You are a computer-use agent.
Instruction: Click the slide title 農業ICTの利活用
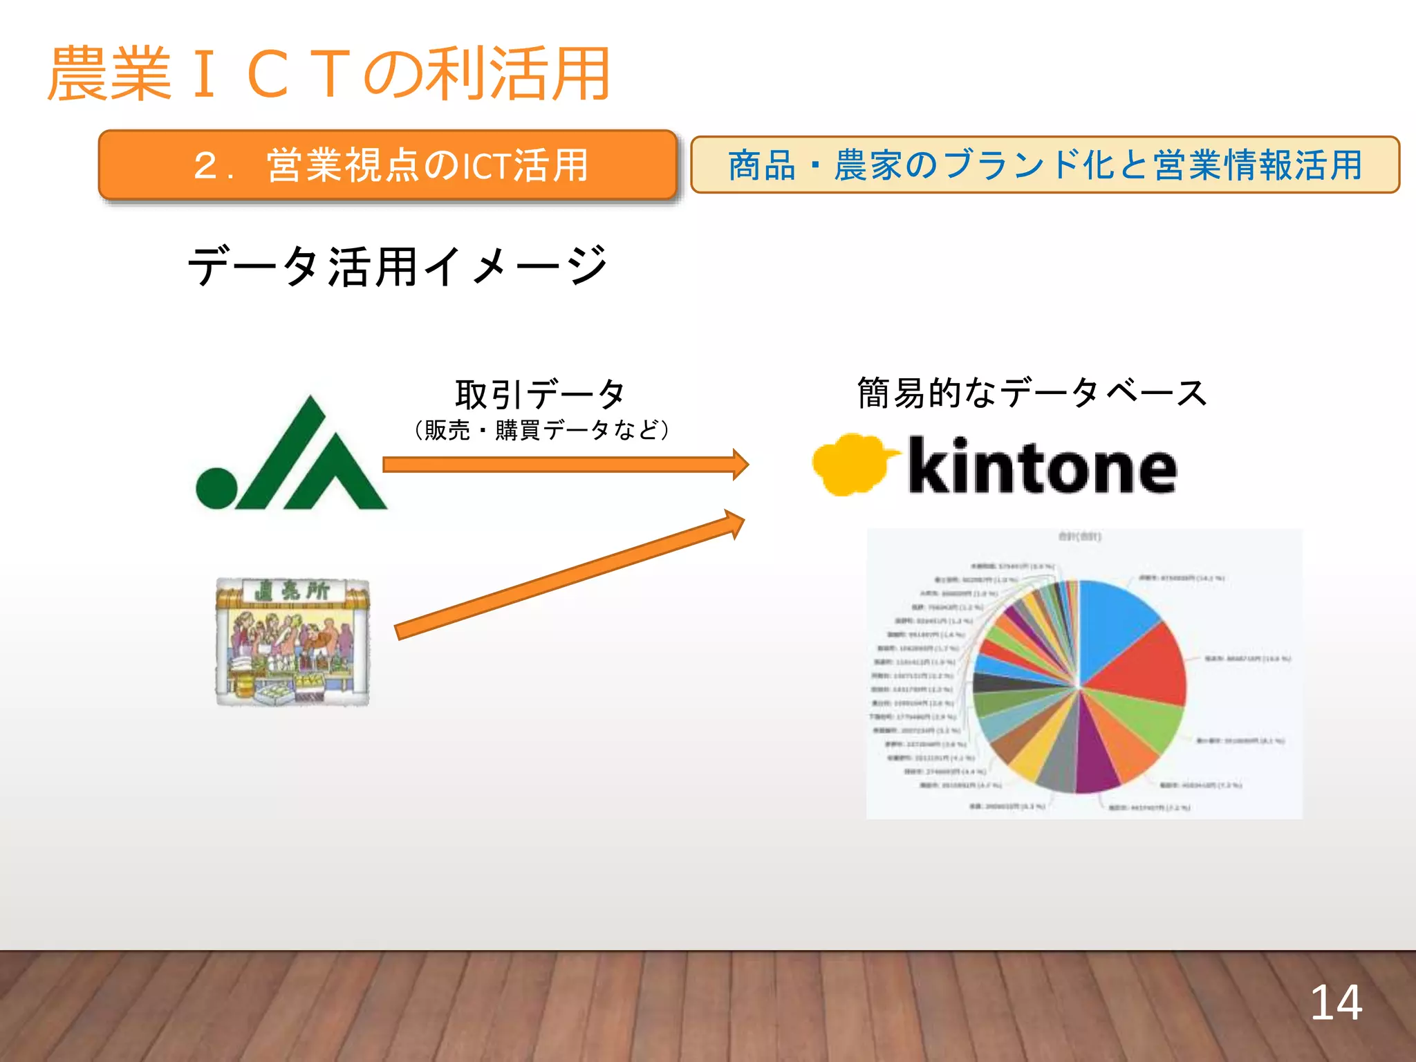click(x=328, y=75)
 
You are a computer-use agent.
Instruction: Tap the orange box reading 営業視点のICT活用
click(x=387, y=165)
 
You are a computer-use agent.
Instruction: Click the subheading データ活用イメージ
click(x=398, y=266)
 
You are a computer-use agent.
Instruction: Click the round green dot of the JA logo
click(x=216, y=488)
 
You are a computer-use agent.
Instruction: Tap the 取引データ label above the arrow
click(x=539, y=394)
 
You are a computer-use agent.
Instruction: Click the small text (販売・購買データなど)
click(x=541, y=430)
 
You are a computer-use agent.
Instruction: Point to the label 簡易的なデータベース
click(x=1032, y=393)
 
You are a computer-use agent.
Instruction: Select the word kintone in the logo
click(x=1042, y=466)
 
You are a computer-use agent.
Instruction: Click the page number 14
click(x=1336, y=1003)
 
